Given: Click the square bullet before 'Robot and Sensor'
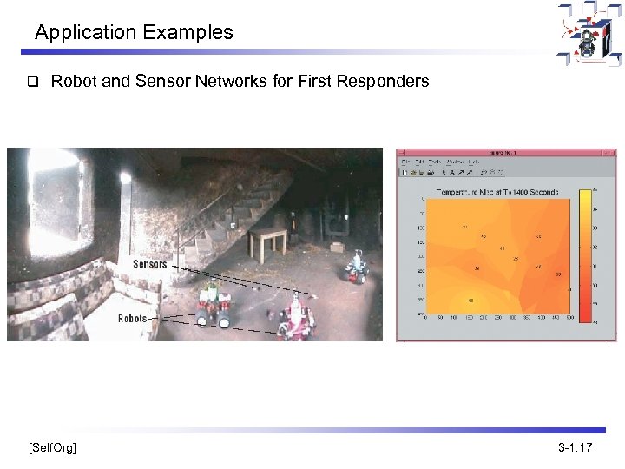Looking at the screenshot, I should (30, 83).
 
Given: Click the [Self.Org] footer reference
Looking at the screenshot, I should (52, 448).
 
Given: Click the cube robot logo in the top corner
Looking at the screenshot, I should (589, 35).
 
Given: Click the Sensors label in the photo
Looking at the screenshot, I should (150, 264).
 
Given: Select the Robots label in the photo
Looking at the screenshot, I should (133, 319).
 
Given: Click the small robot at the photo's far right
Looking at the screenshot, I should (358, 267).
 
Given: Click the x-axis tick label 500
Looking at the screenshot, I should (569, 318).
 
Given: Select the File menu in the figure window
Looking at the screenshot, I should (405, 162).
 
